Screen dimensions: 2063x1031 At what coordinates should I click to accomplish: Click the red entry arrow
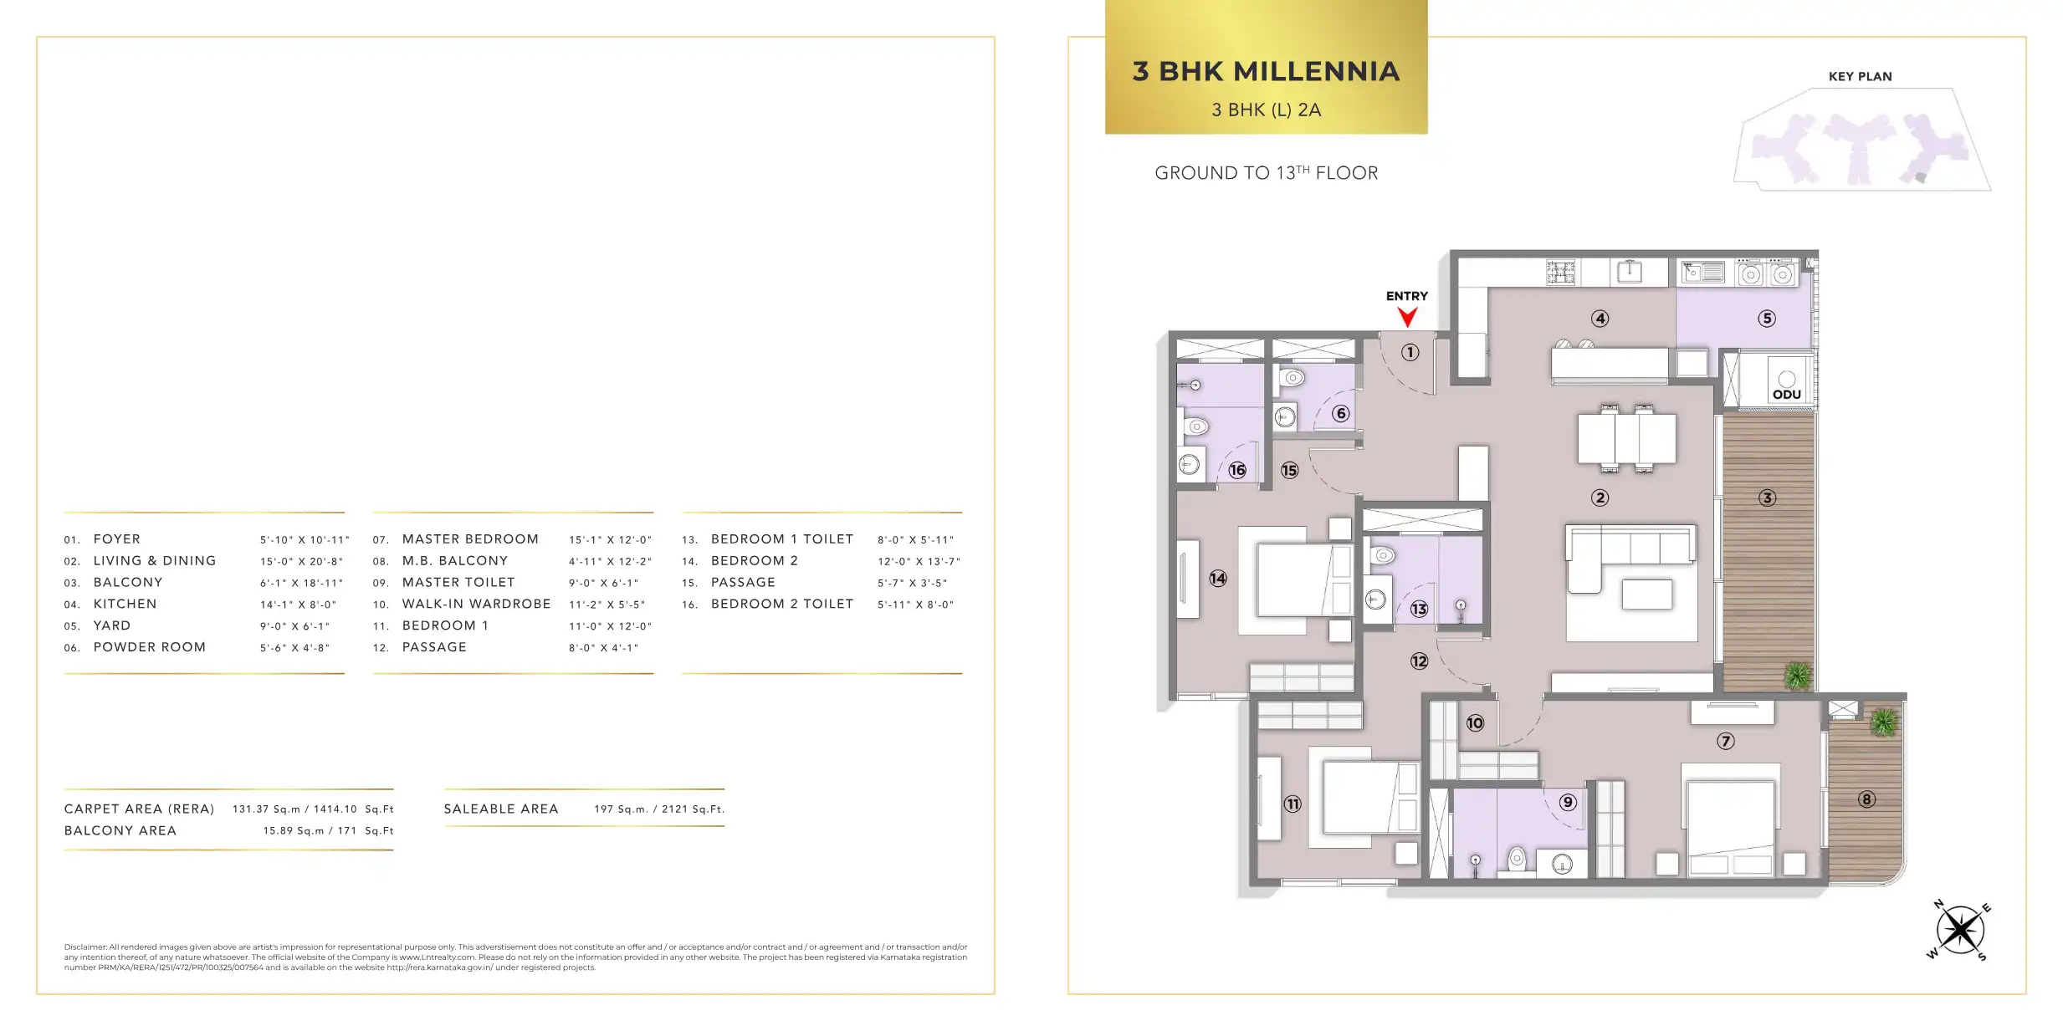point(1407,317)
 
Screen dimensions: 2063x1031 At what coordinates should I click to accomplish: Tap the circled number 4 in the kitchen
point(1600,319)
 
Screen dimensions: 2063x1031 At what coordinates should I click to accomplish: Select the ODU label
point(1786,395)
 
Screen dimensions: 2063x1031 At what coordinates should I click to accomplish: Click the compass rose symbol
point(1959,929)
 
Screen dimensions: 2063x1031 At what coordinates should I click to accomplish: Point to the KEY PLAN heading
point(1860,76)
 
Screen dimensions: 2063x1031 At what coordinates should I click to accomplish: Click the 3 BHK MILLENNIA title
point(1266,71)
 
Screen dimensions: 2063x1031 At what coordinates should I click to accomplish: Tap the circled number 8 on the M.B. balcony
point(1866,799)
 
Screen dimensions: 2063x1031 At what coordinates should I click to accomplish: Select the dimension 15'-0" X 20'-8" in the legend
point(301,561)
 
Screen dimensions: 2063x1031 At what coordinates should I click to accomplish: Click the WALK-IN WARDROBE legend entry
point(476,604)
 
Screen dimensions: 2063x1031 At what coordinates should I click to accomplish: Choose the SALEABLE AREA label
point(501,809)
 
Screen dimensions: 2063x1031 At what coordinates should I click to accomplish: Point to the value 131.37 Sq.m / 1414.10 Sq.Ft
point(313,809)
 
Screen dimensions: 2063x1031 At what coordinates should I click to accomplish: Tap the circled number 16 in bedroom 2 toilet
point(1237,470)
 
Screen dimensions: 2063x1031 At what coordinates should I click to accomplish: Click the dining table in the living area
point(1626,438)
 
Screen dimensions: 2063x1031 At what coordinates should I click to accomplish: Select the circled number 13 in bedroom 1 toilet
point(1419,609)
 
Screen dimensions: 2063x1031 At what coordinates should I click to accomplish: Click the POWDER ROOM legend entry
point(150,647)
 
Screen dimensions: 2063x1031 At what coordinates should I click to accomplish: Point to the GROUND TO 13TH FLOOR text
point(1266,173)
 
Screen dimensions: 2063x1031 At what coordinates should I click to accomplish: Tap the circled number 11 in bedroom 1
point(1293,804)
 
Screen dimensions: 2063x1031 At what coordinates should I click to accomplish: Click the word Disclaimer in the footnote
point(85,947)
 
